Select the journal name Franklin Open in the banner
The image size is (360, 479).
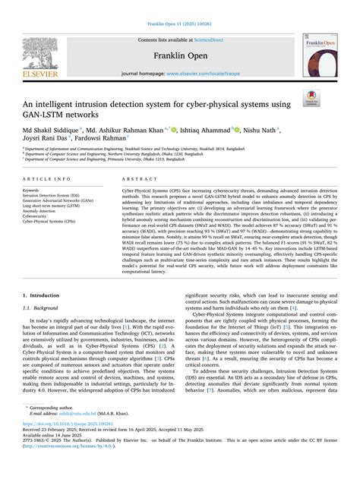[x=180, y=55]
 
